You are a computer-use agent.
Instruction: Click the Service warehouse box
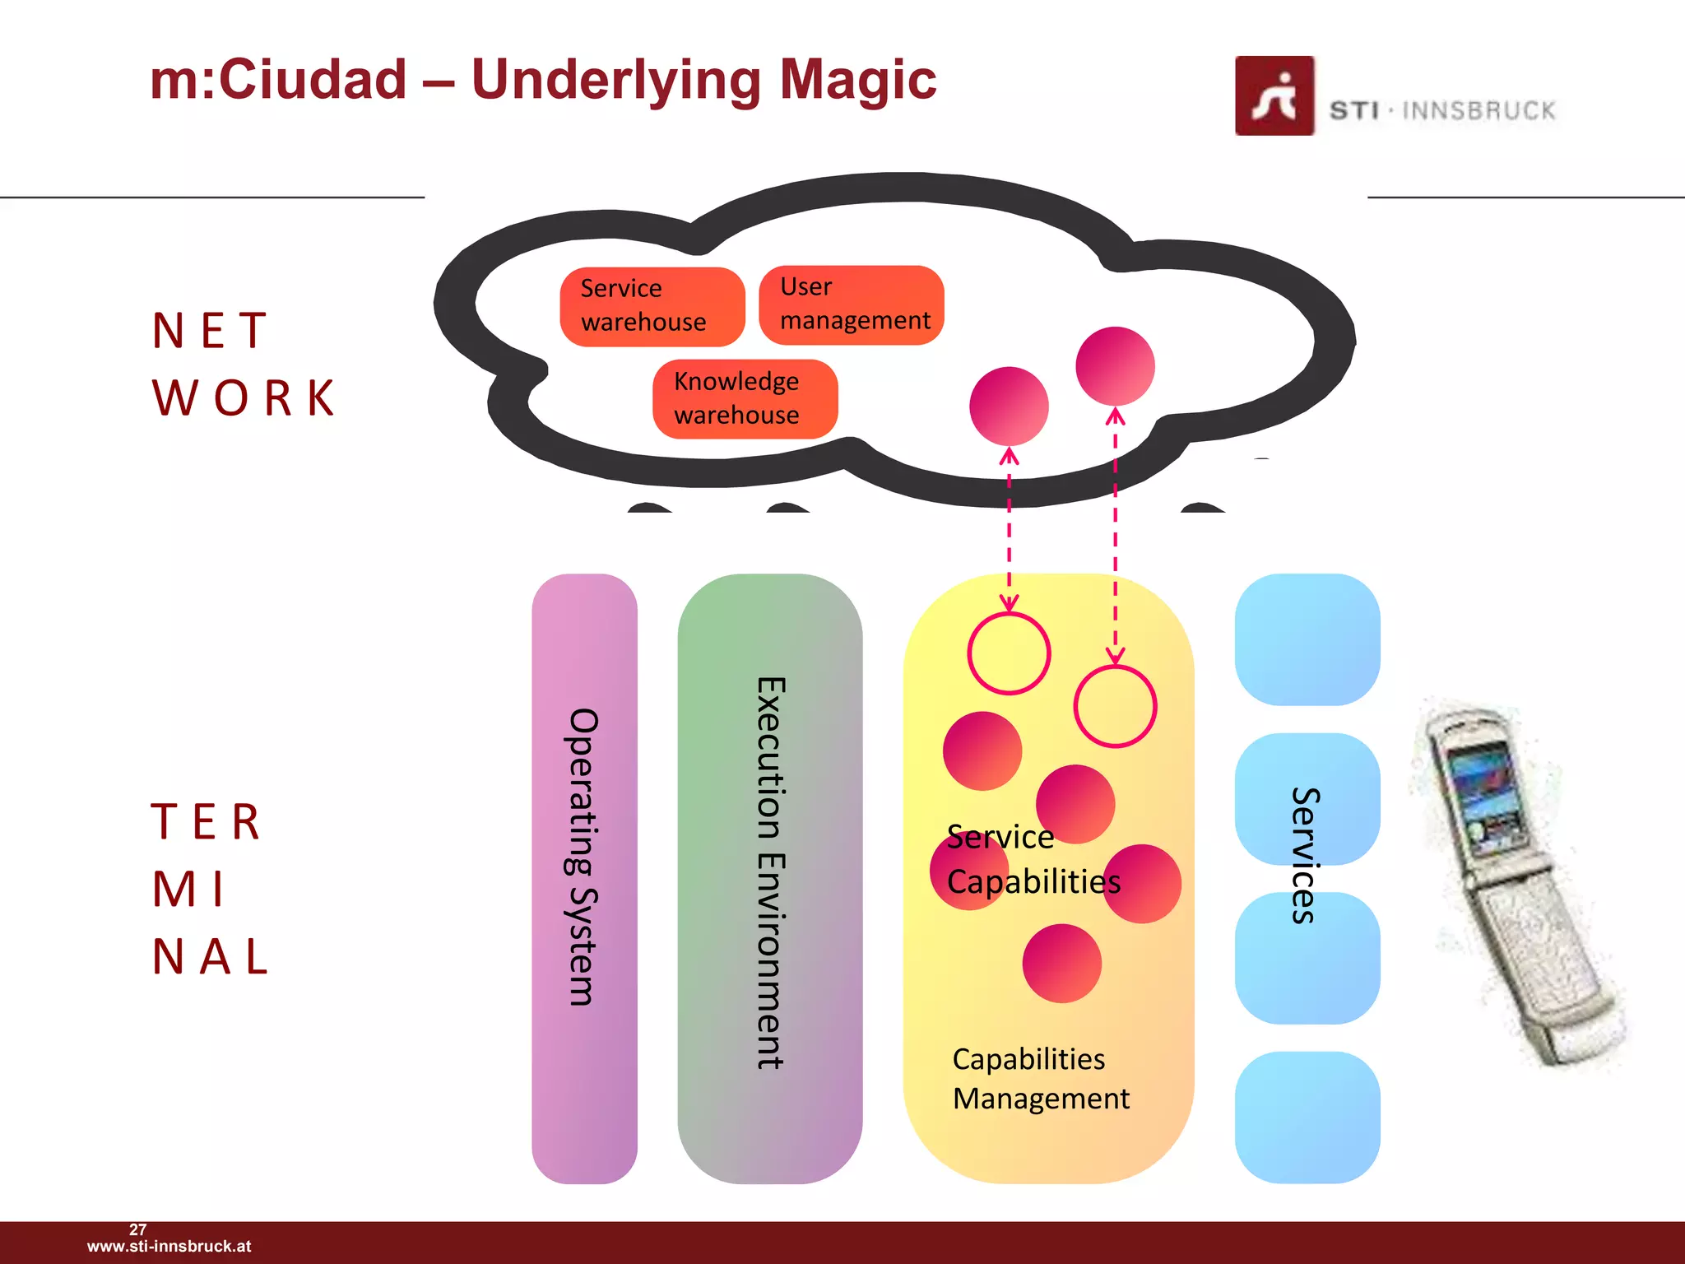tap(652, 306)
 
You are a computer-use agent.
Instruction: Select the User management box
tap(851, 304)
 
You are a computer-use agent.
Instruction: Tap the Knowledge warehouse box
tap(745, 399)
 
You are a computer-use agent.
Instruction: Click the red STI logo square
tap(1274, 95)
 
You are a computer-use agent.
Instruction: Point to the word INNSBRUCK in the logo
tap(1478, 111)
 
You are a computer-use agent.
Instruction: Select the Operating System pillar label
tap(583, 856)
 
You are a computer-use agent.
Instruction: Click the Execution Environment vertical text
tap(771, 872)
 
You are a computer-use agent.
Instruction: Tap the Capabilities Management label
tap(1040, 1079)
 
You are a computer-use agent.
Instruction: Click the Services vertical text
tap(1306, 856)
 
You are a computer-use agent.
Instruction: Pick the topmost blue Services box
tap(1307, 639)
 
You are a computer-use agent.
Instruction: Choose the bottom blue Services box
tap(1307, 1117)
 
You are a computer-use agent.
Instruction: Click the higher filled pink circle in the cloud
tap(1115, 366)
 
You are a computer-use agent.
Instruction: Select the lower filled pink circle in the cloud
tap(1009, 407)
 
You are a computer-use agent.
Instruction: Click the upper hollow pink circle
tap(1009, 653)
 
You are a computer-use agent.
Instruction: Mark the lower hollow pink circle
tap(1115, 707)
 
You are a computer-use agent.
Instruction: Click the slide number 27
tap(137, 1229)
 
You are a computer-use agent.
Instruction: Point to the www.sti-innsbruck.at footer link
tap(169, 1247)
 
